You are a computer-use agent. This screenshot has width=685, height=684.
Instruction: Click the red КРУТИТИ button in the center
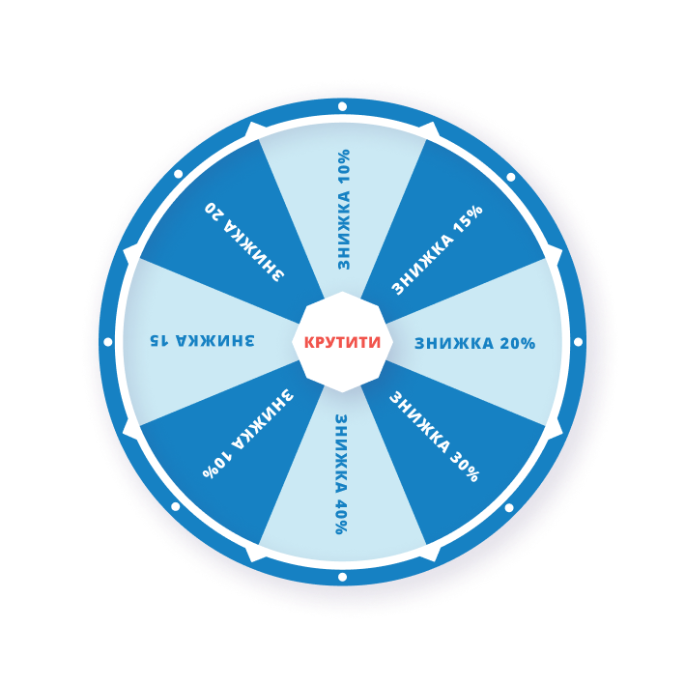[x=342, y=342]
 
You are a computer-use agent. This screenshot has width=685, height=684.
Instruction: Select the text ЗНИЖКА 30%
[x=434, y=436]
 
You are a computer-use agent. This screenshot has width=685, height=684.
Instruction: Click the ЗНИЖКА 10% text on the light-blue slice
[x=344, y=209]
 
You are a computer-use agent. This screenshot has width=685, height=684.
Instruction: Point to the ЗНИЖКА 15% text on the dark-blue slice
[x=437, y=248]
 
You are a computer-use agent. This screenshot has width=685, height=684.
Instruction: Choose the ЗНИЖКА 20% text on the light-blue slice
[x=474, y=343]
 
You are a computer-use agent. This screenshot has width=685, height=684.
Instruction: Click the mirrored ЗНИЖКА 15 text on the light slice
[x=202, y=340]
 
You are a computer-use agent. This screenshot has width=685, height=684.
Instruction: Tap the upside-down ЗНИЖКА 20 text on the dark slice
[x=245, y=241]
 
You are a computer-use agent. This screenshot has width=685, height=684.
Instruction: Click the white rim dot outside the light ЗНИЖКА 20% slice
[x=578, y=342]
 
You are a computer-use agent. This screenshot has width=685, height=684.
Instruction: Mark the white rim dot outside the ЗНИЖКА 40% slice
[x=342, y=577]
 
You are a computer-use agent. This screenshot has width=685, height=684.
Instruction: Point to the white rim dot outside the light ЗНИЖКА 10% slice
[x=342, y=106]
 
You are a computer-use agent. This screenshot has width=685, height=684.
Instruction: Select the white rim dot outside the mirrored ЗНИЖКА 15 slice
[x=107, y=342]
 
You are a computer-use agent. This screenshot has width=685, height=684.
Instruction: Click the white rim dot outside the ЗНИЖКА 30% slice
[x=509, y=507]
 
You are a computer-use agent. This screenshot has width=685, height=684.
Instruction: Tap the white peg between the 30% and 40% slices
[x=429, y=554]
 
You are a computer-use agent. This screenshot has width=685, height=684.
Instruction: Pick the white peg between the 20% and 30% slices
[x=554, y=428]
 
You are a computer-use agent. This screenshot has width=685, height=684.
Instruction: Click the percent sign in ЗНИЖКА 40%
[x=340, y=527]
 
